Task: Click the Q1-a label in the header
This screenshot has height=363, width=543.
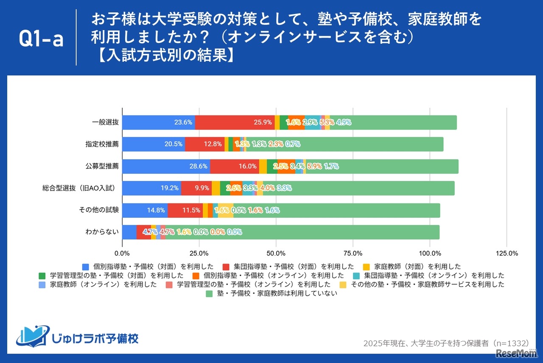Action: [x=41, y=39]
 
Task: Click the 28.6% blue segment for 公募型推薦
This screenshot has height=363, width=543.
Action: [x=166, y=166]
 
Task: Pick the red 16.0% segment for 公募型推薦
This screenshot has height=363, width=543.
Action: [x=235, y=166]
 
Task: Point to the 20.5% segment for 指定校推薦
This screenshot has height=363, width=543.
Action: [x=154, y=144]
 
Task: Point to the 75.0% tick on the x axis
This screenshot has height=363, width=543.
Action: [x=353, y=253]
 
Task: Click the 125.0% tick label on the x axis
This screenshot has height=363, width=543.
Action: [x=507, y=253]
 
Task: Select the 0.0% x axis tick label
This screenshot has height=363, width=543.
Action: [x=122, y=253]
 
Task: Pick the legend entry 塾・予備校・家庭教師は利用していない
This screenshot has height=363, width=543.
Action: [x=271, y=293]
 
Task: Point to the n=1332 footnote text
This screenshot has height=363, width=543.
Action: [x=446, y=343]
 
